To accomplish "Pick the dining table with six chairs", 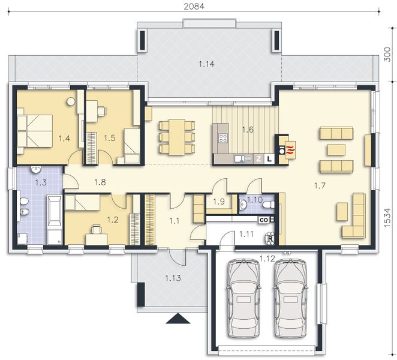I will pos(177,137).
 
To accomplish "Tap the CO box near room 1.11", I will pos(264,220).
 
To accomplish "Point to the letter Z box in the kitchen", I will pos(259,159).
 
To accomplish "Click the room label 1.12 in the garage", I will pos(267,259).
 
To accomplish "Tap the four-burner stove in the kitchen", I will pos(223,137).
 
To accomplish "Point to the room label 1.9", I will pos(218,202).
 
